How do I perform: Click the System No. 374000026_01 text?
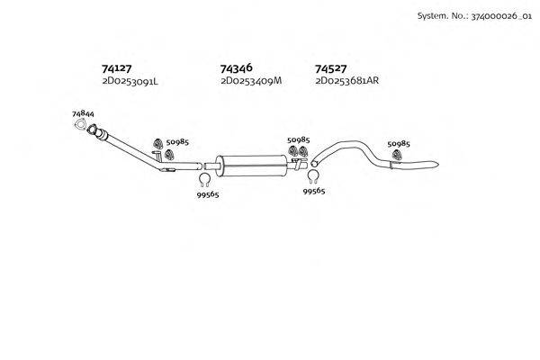coord(474,16)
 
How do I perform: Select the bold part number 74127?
coord(116,68)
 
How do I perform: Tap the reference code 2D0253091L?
coord(130,82)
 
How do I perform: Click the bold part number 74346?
coord(236,67)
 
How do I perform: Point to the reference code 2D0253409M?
coord(251,81)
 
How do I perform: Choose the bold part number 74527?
coord(330,68)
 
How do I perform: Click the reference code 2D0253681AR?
coord(346,81)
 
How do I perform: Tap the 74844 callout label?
coord(83,113)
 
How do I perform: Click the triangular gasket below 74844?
coord(80,124)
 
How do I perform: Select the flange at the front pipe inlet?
coord(92,130)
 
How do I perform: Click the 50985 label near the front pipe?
coord(177,142)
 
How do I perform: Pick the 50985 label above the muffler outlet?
coord(299,139)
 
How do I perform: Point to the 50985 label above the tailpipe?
coord(399,144)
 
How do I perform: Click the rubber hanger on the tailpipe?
coord(397,155)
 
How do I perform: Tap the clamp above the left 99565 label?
coord(204,180)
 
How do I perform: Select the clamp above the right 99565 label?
coord(313,176)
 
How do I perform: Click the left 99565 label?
coord(208,194)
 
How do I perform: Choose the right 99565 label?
coord(314,191)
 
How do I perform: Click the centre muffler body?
coord(252,166)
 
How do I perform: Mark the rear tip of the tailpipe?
coord(438,164)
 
